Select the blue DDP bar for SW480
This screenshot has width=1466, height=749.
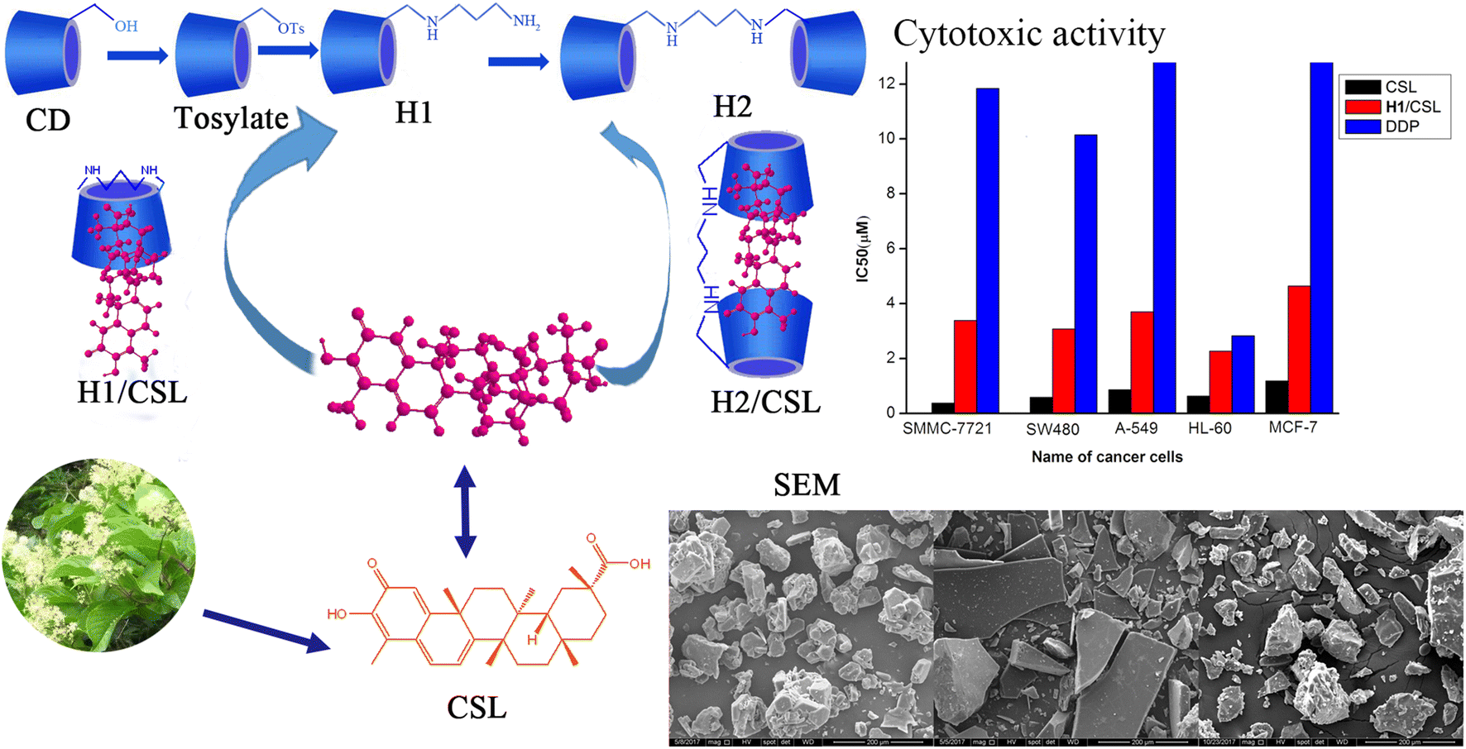[x=1085, y=273]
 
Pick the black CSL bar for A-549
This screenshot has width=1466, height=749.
[x=1119, y=401]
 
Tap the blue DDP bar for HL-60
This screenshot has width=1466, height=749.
[x=1243, y=374]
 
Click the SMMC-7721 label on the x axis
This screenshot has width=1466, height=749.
[x=946, y=429]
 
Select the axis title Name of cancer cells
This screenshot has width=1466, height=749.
[x=1106, y=456]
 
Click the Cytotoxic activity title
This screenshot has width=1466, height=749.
[x=1028, y=34]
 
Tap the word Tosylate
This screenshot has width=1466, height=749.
[x=231, y=118]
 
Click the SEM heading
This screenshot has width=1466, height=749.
[x=807, y=484]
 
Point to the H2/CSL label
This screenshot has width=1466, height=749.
[x=765, y=403]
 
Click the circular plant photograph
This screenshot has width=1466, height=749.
[x=98, y=555]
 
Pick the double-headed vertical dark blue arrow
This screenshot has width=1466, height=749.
[x=465, y=511]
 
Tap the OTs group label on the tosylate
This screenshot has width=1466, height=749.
[x=290, y=29]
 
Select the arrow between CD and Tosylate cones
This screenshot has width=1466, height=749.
[x=137, y=55]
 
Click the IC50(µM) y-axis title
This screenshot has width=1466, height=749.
[x=863, y=249]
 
